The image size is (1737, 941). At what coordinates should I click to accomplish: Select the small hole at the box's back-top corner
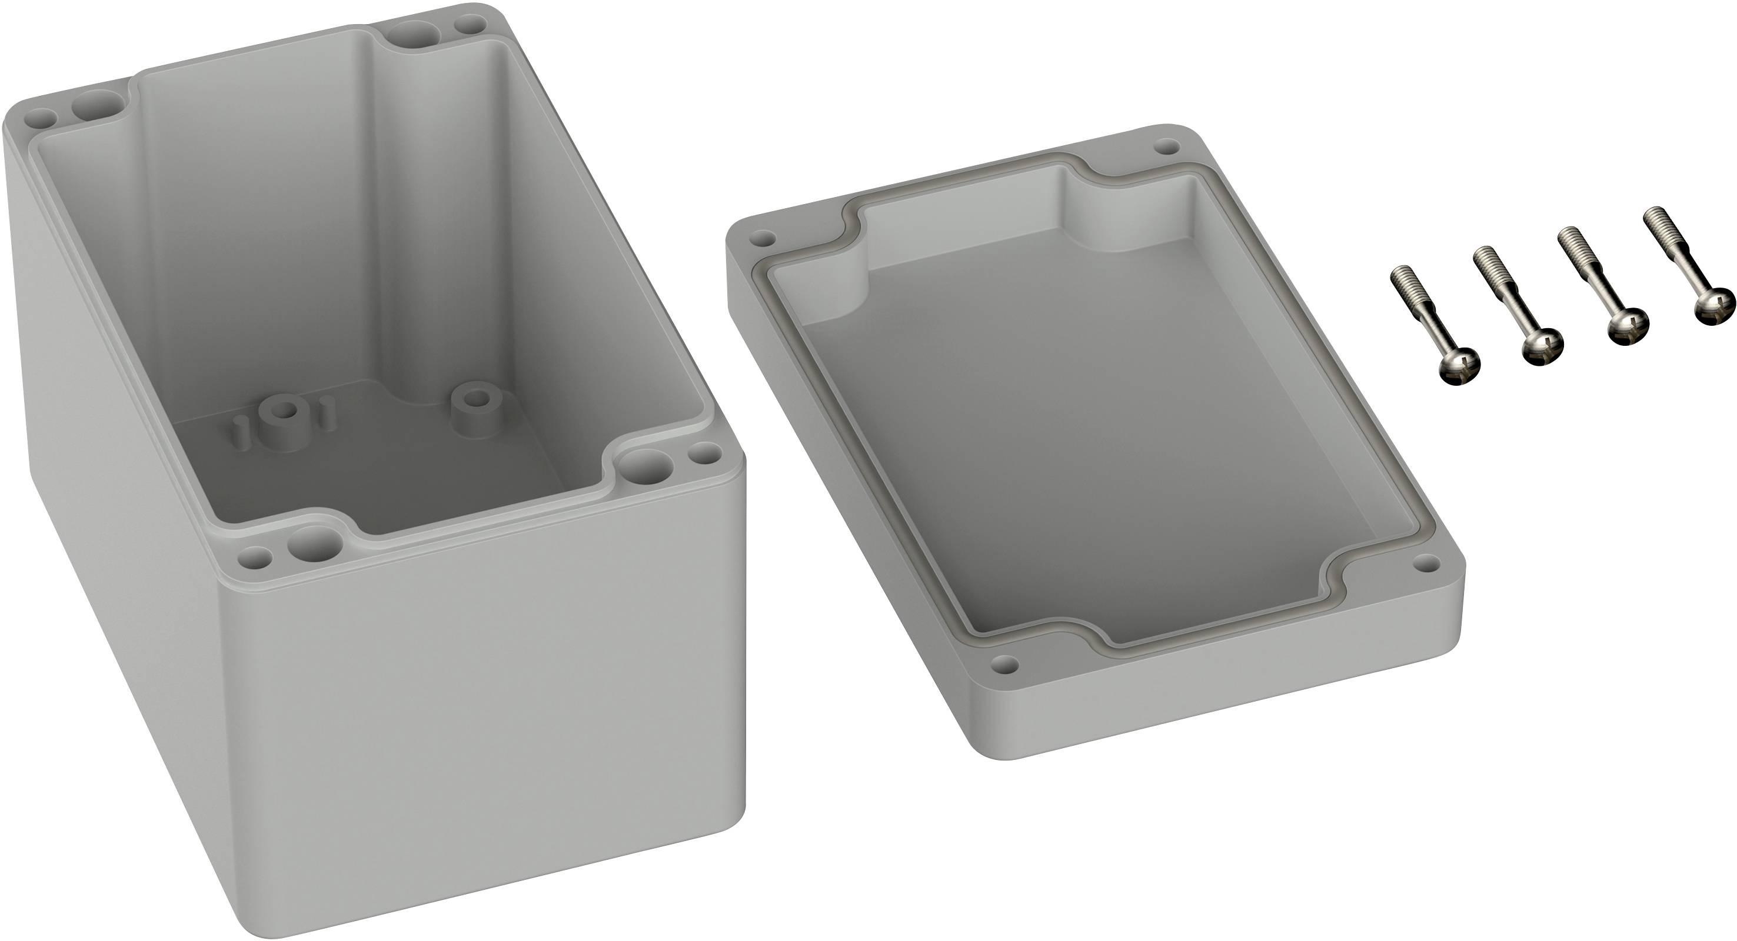(x=471, y=25)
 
